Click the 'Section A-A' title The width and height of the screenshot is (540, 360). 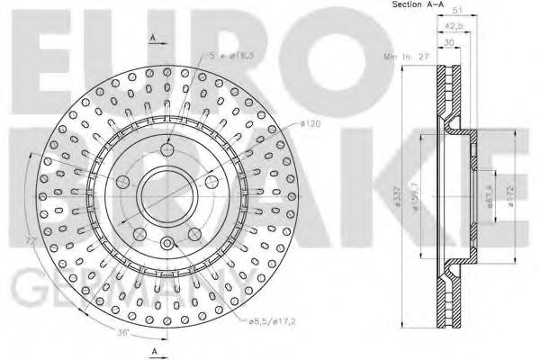coord(418,6)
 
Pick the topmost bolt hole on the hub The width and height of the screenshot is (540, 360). coord(166,149)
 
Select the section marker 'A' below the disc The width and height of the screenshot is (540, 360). coord(153,349)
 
